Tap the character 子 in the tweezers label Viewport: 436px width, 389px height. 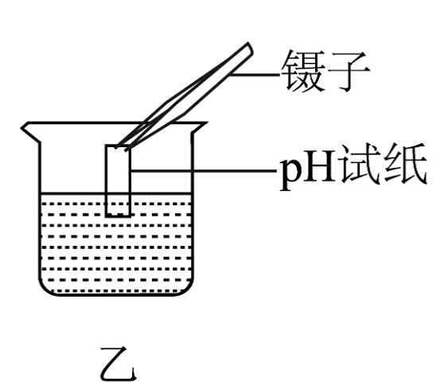tap(349, 71)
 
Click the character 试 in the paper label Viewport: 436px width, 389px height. tap(358, 164)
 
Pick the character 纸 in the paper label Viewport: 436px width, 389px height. tap(405, 164)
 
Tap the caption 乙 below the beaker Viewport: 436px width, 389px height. tap(119, 364)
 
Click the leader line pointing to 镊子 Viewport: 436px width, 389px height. tap(255, 75)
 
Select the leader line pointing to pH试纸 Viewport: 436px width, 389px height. tap(203, 170)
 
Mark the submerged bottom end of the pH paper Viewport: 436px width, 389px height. tap(118, 215)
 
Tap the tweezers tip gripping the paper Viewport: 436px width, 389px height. tap(123, 147)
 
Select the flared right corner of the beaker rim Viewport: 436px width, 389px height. tap(199, 127)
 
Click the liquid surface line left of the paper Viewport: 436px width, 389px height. tap(73, 193)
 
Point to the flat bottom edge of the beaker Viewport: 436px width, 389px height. tap(116, 294)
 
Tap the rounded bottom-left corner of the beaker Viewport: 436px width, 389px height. tap(46, 288)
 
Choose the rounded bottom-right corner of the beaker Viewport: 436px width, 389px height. tap(185, 288)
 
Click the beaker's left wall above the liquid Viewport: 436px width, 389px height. tap(40, 167)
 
